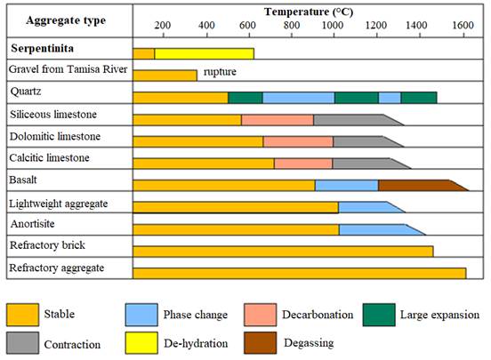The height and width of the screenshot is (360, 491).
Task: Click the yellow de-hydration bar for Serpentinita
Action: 204,54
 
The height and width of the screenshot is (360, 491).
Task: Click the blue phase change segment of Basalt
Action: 346,185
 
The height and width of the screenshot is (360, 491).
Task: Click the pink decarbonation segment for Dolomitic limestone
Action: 298,141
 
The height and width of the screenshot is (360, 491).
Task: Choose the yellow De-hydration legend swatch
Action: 141,341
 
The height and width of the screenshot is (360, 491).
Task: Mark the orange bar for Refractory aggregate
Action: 299,272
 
